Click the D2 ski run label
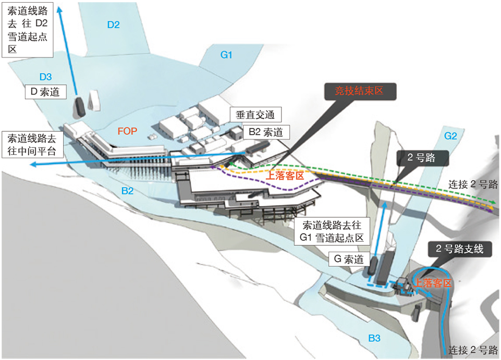(x=114, y=25)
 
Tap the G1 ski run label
(x=226, y=55)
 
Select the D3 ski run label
(x=45, y=77)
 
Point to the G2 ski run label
(x=450, y=136)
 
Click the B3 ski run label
(x=374, y=338)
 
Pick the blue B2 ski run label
(x=127, y=191)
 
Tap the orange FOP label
(x=127, y=131)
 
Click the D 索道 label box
(x=46, y=92)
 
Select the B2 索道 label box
(x=266, y=132)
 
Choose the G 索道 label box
(x=349, y=259)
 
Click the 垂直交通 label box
(x=255, y=115)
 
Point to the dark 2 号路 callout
(x=423, y=158)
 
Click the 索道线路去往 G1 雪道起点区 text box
(x=332, y=231)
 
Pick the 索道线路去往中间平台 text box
(x=32, y=144)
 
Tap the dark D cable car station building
(x=80, y=106)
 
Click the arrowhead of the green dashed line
(x=494, y=203)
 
